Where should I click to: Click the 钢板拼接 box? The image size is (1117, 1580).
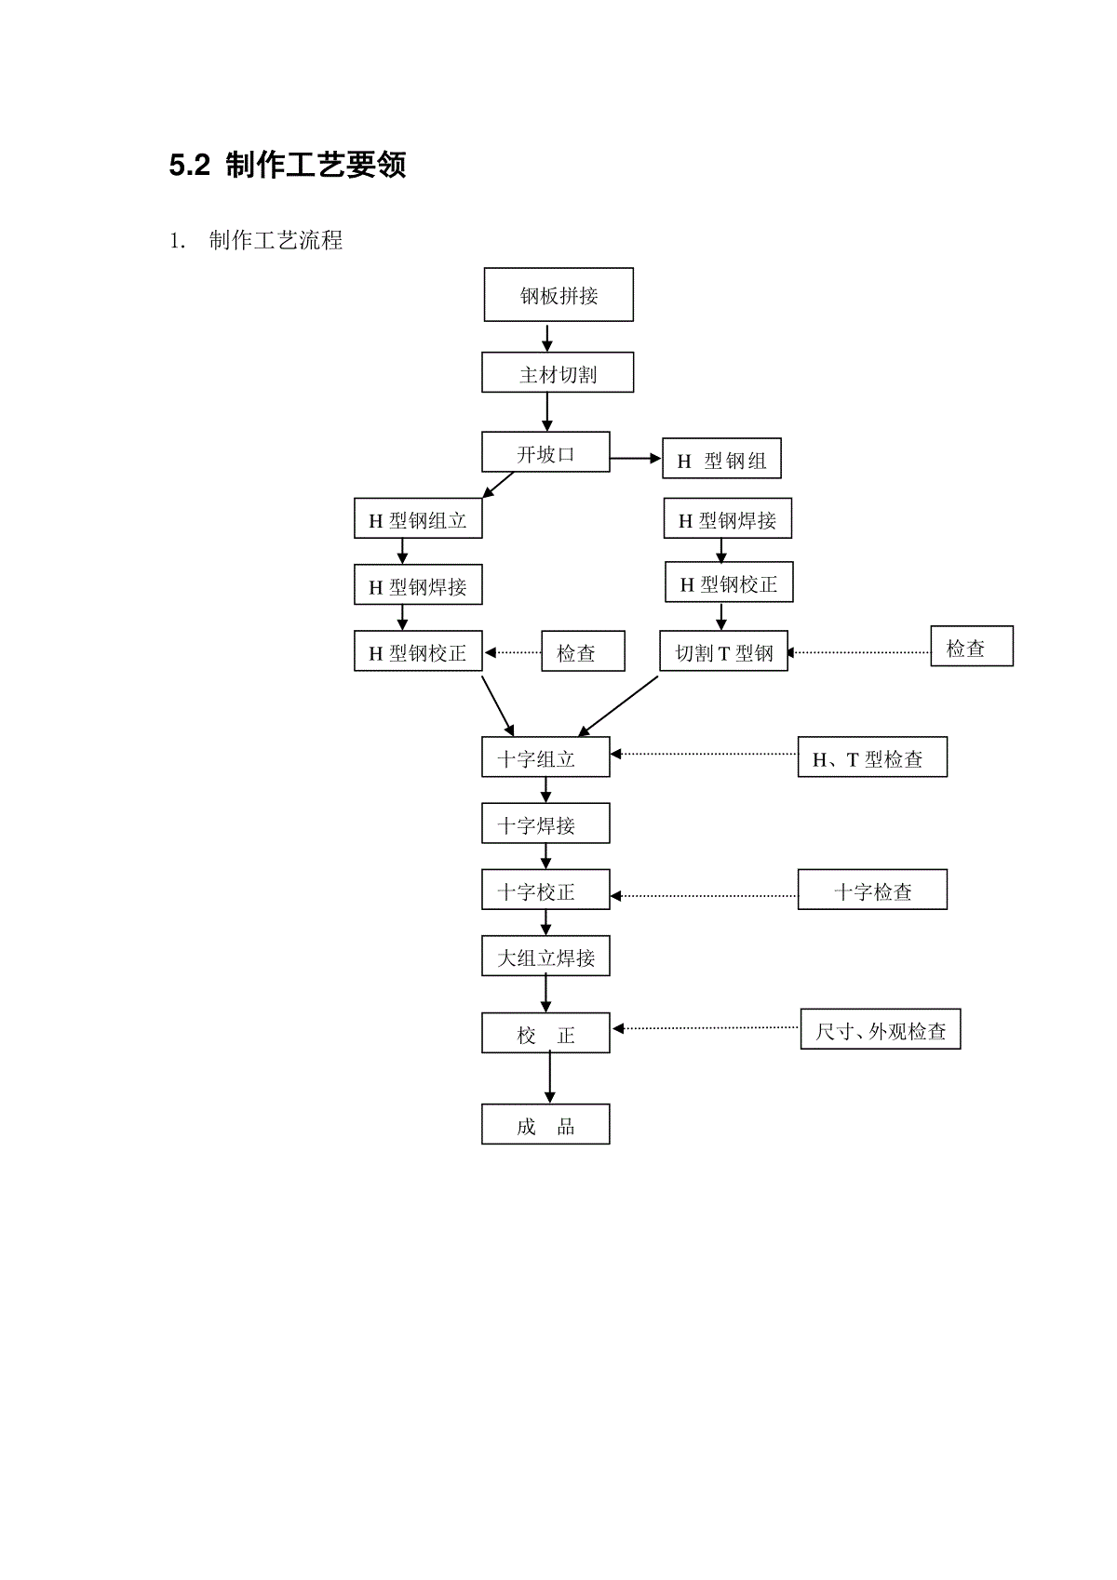point(558,294)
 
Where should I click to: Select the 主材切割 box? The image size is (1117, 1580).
point(558,372)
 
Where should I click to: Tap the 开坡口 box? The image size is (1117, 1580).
point(545,451)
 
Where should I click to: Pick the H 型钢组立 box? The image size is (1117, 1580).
point(418,518)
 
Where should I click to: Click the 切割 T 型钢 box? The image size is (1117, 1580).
point(723,650)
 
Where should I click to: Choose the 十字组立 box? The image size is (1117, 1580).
point(545,757)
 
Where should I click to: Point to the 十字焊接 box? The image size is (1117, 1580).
point(545,823)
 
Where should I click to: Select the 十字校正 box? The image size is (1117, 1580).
point(545,890)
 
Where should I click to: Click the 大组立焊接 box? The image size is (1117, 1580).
point(545,956)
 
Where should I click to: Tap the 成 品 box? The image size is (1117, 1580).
point(545,1124)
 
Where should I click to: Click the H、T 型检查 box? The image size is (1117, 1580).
point(872,757)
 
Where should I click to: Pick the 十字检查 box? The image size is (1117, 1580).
point(872,890)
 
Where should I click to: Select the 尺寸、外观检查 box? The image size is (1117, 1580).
point(880,1028)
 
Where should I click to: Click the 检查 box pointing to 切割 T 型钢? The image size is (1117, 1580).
point(972,646)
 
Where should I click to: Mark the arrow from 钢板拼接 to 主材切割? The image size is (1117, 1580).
point(546,337)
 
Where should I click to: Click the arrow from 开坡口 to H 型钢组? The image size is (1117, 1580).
point(635,459)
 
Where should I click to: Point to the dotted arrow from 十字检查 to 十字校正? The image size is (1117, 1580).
point(704,896)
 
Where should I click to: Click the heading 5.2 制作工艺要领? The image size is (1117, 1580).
point(288,165)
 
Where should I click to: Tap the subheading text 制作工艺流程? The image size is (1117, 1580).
point(276,240)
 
